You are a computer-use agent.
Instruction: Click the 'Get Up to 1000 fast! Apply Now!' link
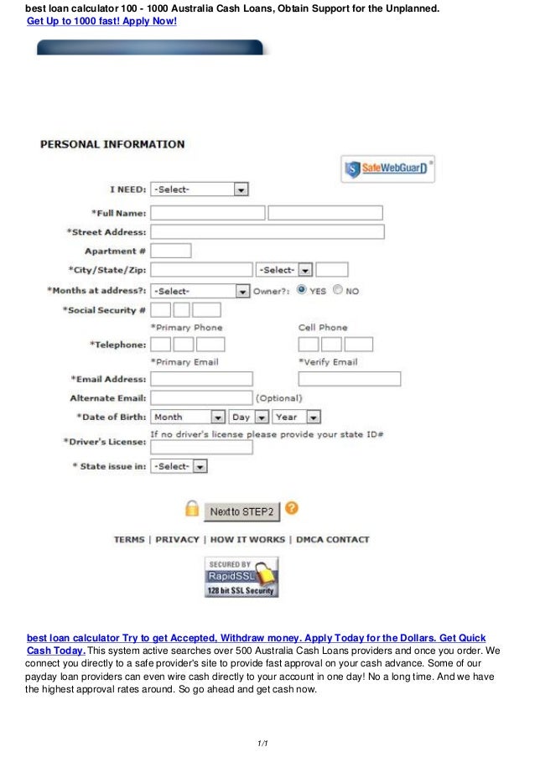point(101,19)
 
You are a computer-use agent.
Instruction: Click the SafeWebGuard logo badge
point(387,169)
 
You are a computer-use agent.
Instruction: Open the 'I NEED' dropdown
point(200,189)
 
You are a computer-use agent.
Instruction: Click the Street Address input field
point(267,232)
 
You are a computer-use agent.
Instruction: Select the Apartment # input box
point(170,251)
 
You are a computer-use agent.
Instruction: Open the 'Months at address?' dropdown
point(200,291)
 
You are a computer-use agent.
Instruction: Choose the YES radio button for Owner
point(302,290)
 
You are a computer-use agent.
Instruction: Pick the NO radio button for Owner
point(338,290)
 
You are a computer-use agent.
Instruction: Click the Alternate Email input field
point(201,398)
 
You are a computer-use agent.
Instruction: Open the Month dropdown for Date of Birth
point(188,417)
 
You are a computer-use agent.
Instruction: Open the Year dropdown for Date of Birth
point(297,417)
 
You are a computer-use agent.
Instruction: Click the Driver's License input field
point(201,448)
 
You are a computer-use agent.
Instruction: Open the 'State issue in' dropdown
point(179,466)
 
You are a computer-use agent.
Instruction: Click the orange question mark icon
point(292,508)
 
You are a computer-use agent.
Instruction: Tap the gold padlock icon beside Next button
point(192,509)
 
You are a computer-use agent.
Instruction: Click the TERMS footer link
point(129,540)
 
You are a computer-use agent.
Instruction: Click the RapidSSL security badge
point(242,577)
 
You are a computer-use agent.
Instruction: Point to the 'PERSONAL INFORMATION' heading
point(112,144)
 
